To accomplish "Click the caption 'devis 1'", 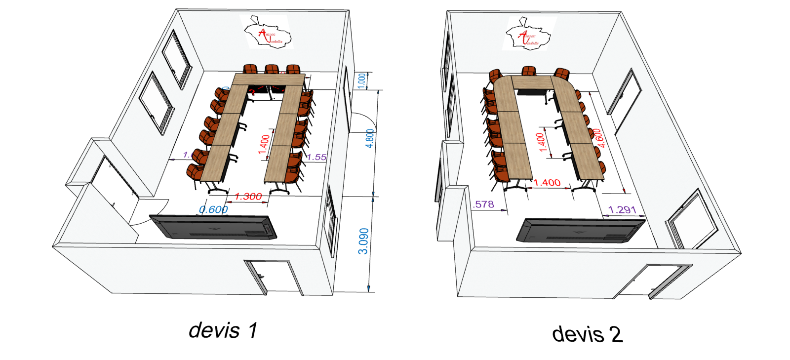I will [223, 330].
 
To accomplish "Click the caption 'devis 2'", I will [587, 334].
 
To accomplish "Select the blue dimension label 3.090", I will [363, 241].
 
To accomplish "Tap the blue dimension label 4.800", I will [370, 138].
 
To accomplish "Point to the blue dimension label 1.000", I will [362, 80].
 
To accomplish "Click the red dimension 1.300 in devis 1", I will [248, 197].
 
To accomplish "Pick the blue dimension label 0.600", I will [213, 209].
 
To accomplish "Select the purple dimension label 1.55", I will [316, 157].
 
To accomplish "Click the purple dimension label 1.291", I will [622, 209].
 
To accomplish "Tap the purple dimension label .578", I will [484, 204].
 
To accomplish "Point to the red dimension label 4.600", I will [598, 138].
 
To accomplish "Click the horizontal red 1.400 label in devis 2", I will [547, 183].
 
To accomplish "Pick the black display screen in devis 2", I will [581, 230].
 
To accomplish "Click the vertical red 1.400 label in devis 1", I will [265, 144].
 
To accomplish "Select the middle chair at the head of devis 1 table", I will [271, 70].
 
